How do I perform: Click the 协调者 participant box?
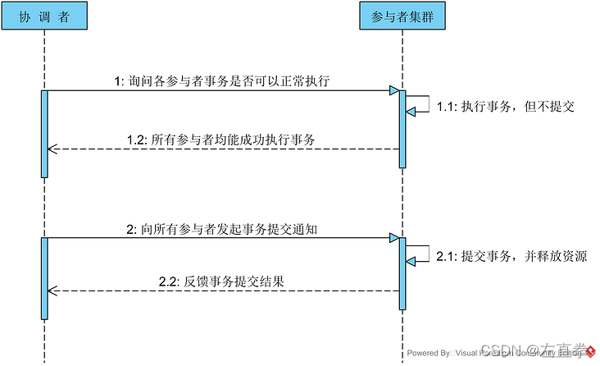coord(43,17)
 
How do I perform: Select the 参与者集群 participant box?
coord(402,17)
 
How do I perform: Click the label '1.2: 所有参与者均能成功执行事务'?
coord(221,140)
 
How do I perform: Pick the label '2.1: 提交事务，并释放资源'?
coord(511,257)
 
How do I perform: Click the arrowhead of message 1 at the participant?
coord(394,90)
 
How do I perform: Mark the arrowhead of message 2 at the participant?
coord(394,239)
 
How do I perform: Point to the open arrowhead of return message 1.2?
coord(52,149)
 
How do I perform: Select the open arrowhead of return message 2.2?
coord(52,291)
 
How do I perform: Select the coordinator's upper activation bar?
coord(43,133)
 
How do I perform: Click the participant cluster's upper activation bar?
coord(402,129)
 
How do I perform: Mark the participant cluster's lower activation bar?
coord(402,274)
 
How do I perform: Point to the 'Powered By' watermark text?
coord(429,353)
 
